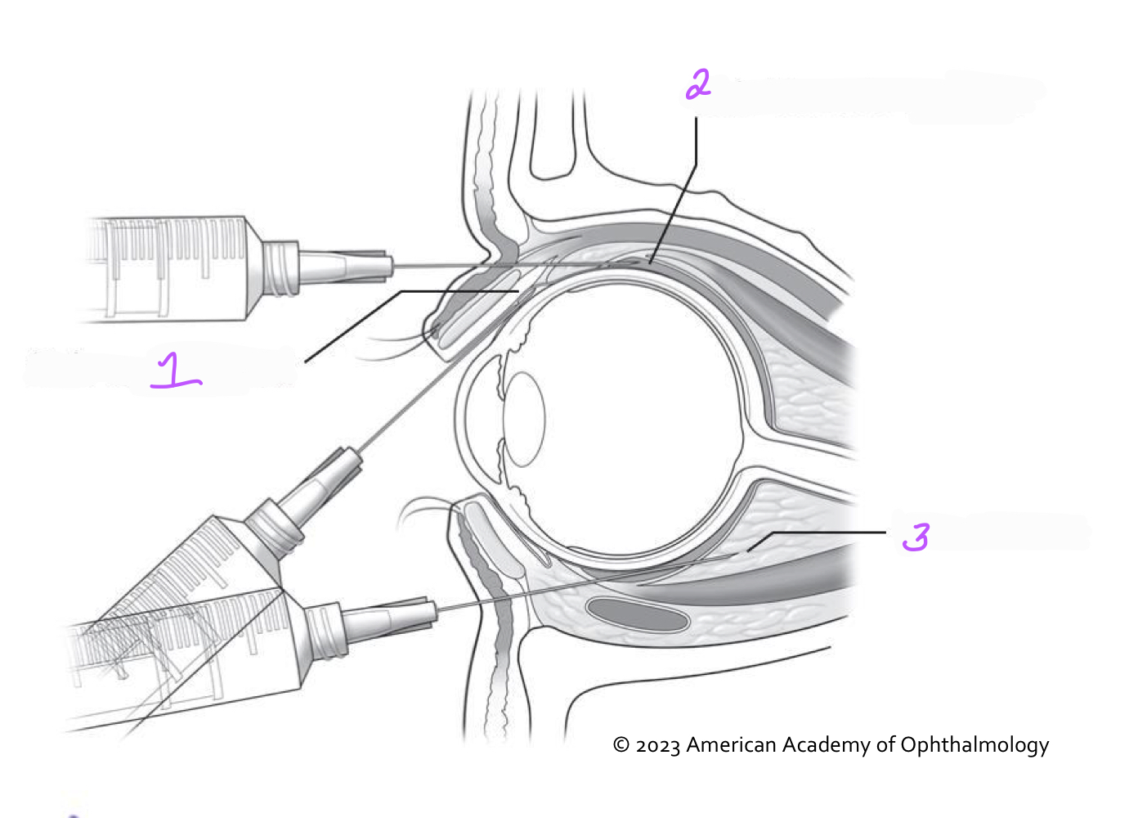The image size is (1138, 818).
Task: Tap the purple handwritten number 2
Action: tap(698, 84)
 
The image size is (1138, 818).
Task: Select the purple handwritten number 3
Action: tap(916, 537)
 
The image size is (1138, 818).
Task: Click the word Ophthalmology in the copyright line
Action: tap(974, 745)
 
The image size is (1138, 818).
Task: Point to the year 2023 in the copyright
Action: tap(657, 746)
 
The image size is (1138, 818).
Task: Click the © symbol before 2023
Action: tap(621, 746)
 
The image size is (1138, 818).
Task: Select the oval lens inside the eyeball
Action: tap(524, 419)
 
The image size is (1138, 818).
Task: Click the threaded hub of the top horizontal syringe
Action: tap(282, 267)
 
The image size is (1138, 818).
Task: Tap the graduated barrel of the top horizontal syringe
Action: tap(172, 266)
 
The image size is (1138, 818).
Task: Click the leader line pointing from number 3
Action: tap(826, 533)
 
